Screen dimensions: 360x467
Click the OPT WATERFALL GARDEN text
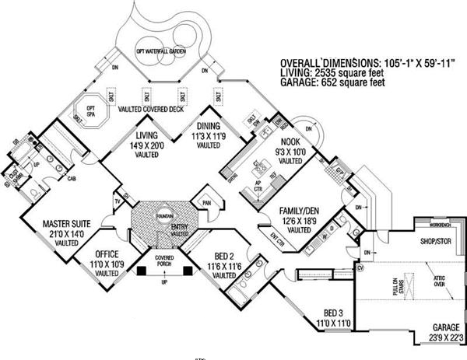(x=160, y=51)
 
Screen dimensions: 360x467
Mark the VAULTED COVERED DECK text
(x=153, y=110)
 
